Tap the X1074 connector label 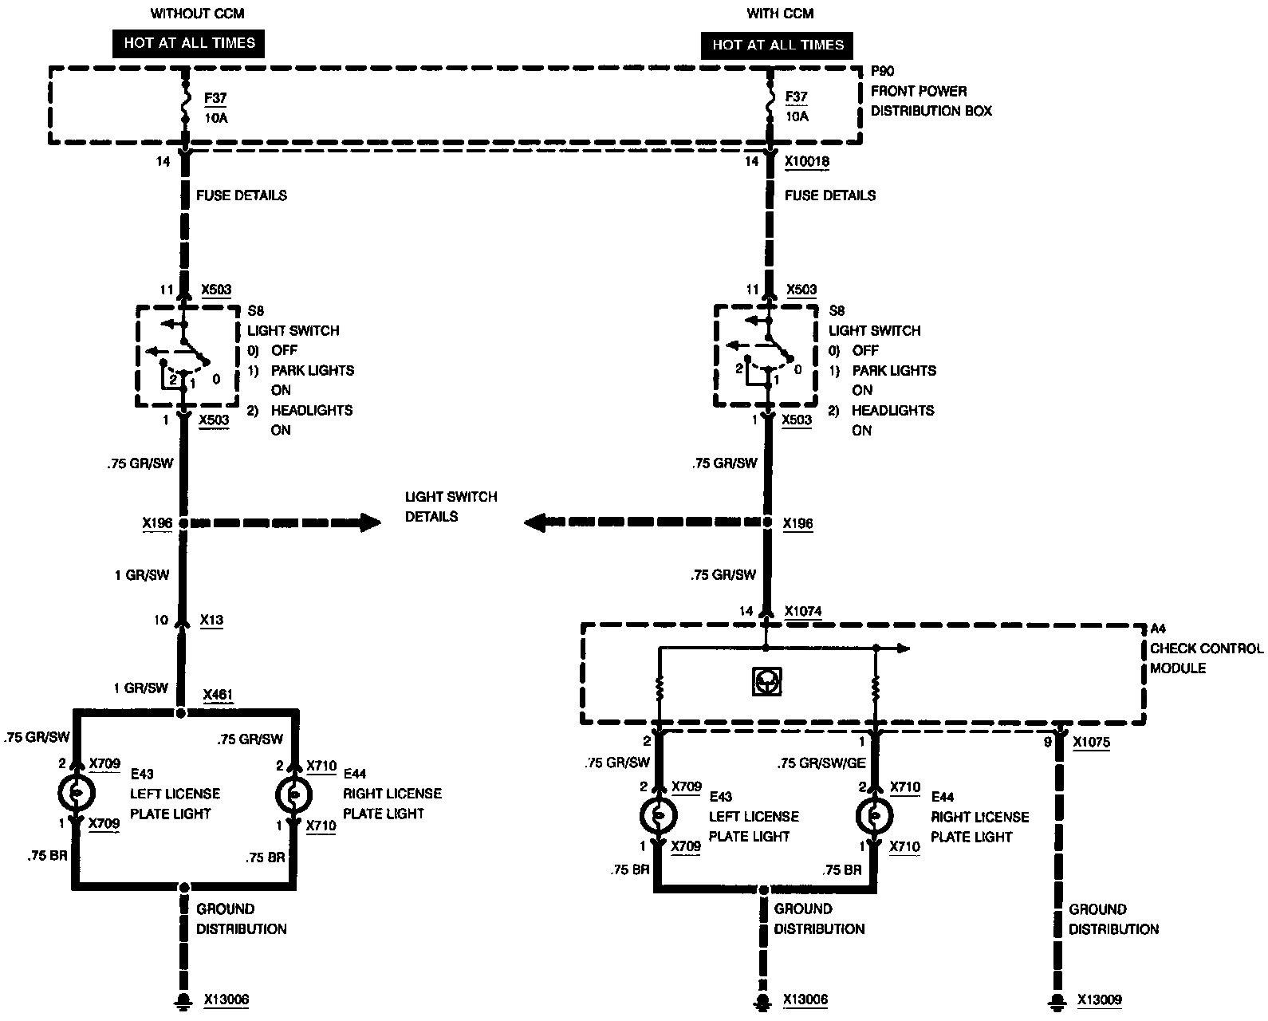click(x=803, y=611)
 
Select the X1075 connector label click(x=1091, y=742)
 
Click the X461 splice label click(x=218, y=694)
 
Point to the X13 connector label click(x=211, y=620)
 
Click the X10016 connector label click(x=807, y=161)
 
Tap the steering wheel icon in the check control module click(x=766, y=682)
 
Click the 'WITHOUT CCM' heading click(x=197, y=14)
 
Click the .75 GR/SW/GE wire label click(x=821, y=763)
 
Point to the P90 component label click(x=882, y=71)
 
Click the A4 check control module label click(x=1158, y=629)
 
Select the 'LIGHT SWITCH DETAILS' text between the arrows click(x=451, y=507)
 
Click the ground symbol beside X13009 click(x=1059, y=999)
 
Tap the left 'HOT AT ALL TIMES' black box click(x=189, y=43)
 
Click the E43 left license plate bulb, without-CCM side click(x=77, y=793)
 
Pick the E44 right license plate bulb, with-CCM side click(x=875, y=815)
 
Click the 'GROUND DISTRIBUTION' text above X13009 click(x=1113, y=919)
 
